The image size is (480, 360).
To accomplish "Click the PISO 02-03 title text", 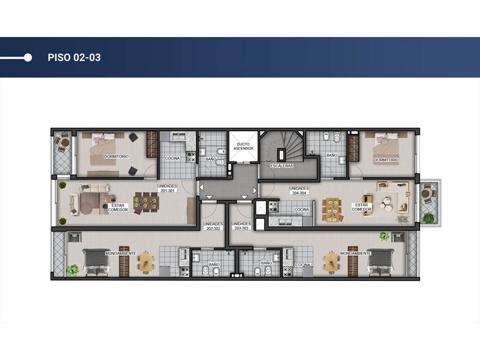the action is click(74, 58).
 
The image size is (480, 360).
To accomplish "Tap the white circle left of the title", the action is click(28, 58).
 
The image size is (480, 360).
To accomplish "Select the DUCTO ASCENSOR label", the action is click(243, 146).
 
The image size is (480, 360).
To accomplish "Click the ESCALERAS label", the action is click(282, 166).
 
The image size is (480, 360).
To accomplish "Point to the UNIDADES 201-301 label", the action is click(167, 188).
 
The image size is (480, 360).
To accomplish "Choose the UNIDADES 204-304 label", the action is click(299, 191).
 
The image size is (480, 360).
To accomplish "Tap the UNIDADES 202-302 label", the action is click(213, 226).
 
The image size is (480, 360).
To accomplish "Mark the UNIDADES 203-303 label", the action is click(241, 226).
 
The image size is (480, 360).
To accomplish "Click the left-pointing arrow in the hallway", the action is click(202, 187).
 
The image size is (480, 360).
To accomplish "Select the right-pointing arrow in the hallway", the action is click(255, 190).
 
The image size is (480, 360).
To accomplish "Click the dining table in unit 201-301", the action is click(146, 203).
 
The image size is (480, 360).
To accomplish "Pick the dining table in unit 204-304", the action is click(333, 210).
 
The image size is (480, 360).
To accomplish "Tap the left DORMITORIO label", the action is click(116, 157).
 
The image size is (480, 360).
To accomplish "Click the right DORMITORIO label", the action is click(386, 160).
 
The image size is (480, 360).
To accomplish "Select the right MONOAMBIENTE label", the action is click(356, 254).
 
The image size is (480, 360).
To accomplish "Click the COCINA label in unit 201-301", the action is click(172, 158).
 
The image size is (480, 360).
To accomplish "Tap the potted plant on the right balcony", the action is click(428, 217).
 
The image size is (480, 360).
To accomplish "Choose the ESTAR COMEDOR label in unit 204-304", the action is click(361, 207).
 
